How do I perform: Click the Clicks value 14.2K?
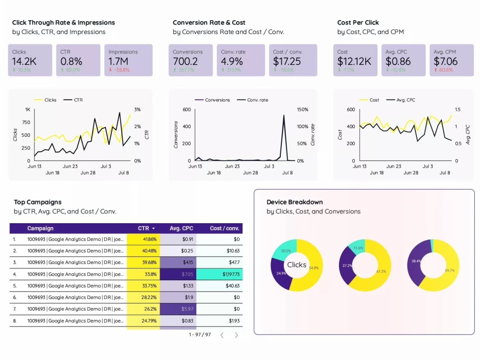(x=24, y=61)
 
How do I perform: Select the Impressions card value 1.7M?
(x=118, y=61)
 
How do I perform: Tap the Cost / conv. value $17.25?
(x=287, y=61)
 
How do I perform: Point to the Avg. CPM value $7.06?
(x=445, y=61)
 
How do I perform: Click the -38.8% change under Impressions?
(x=120, y=70)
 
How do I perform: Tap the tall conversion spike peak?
(x=284, y=116)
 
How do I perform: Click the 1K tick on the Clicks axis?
(x=27, y=109)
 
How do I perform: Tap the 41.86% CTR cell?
(x=149, y=239)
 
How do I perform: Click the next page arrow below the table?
(x=236, y=335)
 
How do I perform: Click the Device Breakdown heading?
(x=295, y=202)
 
